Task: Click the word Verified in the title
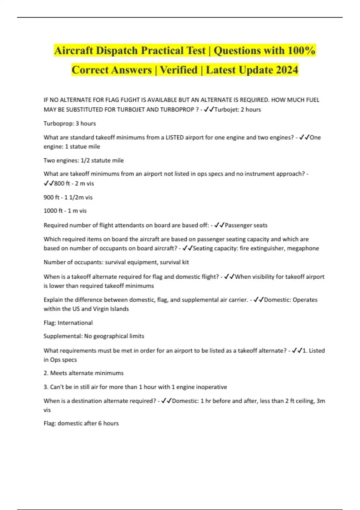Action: coord(179,70)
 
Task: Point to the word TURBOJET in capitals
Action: coord(131,109)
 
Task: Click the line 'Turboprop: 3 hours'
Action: coord(70,123)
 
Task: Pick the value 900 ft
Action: coord(51,197)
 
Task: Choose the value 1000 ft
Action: coord(53,211)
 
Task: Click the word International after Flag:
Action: coord(75,322)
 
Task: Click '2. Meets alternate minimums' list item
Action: coord(83,373)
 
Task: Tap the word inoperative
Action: coord(211,387)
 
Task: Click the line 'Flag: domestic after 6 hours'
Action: coord(81,423)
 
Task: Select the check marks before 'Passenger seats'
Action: coord(219,225)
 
